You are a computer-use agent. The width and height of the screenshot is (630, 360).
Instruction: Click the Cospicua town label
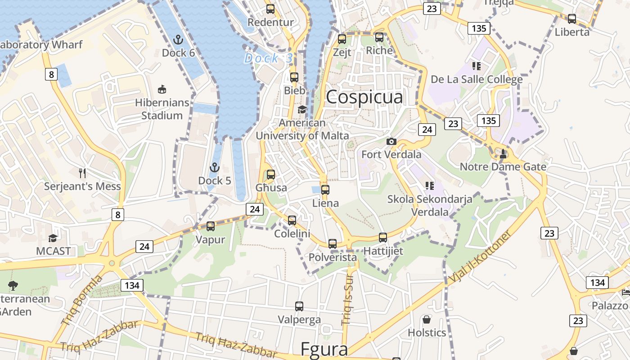click(x=364, y=97)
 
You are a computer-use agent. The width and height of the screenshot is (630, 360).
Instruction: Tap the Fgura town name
click(x=324, y=350)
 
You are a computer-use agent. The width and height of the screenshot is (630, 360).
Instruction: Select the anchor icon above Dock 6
click(x=178, y=40)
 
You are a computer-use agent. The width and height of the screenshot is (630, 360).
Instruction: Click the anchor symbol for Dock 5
click(x=215, y=167)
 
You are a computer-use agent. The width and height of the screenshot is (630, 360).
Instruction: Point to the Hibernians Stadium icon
click(x=162, y=90)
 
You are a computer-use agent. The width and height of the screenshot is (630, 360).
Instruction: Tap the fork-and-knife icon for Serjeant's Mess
click(x=82, y=173)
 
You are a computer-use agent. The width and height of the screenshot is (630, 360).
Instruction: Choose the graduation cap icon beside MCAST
click(x=53, y=238)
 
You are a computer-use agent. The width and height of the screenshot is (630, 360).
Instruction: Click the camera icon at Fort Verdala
click(x=391, y=141)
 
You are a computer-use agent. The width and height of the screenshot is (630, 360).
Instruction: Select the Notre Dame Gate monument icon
click(x=503, y=154)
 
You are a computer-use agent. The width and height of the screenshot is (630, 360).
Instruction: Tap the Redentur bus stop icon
click(x=270, y=9)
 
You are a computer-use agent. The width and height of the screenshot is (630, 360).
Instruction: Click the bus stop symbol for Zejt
click(x=342, y=39)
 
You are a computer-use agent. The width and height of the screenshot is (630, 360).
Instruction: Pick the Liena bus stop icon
click(x=325, y=189)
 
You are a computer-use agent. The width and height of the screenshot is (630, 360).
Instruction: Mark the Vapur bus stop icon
click(x=210, y=226)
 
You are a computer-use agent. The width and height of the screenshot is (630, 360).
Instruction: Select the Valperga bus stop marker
click(x=299, y=306)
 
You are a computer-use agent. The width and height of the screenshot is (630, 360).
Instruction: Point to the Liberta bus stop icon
click(x=572, y=19)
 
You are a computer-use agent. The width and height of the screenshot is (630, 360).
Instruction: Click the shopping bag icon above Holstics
click(x=427, y=319)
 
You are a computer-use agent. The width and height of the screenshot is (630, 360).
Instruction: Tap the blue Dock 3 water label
click(x=269, y=58)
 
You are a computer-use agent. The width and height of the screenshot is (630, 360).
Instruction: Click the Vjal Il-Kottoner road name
click(x=480, y=257)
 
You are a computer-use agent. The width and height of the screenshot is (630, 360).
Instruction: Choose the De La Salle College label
click(x=477, y=80)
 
